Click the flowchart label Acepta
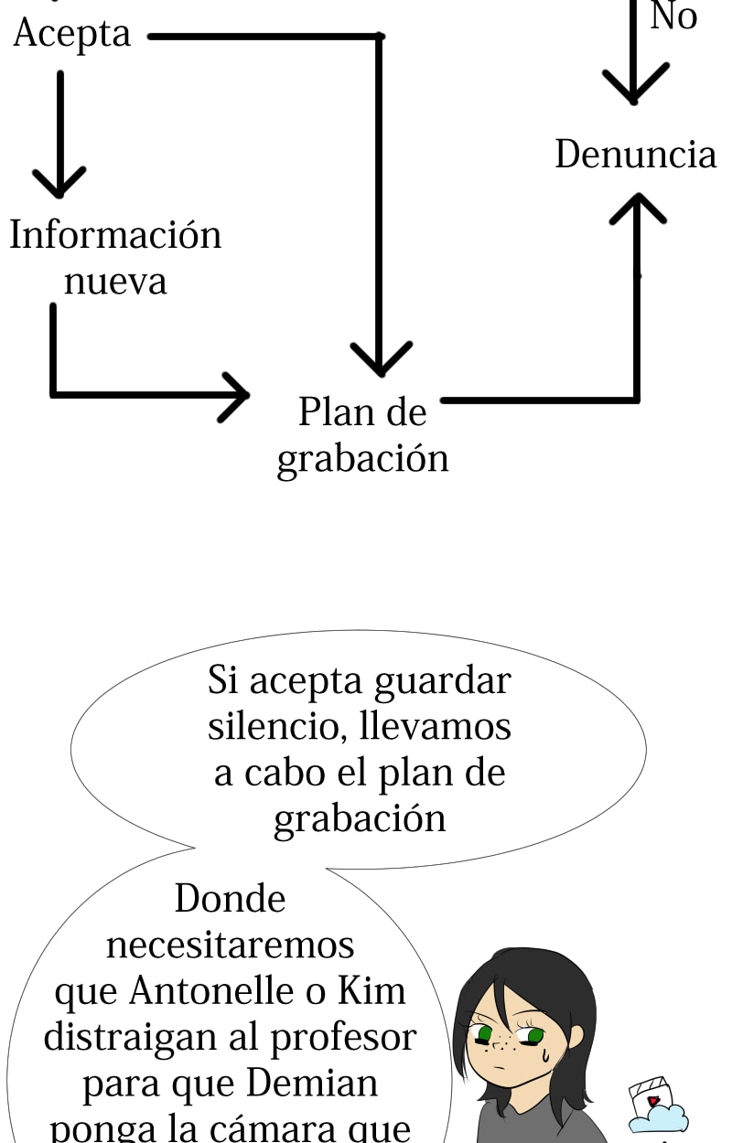(x=72, y=35)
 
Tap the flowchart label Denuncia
(x=635, y=155)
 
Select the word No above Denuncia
(x=673, y=16)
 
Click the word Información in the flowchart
(x=115, y=235)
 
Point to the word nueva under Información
(x=115, y=281)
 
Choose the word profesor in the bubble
(x=338, y=1038)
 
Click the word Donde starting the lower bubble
(x=230, y=899)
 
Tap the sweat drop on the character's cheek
(x=545, y=1054)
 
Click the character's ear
(x=576, y=1036)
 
